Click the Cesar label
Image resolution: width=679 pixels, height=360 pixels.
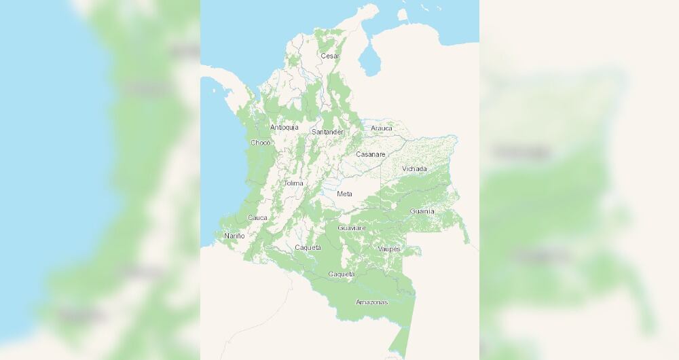click(x=330, y=56)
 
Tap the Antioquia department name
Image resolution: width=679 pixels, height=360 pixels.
click(x=284, y=127)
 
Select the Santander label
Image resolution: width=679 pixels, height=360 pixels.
click(x=327, y=132)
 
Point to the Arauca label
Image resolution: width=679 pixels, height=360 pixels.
click(x=382, y=128)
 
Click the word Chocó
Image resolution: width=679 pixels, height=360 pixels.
click(x=261, y=143)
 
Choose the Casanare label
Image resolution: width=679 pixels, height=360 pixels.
click(x=371, y=154)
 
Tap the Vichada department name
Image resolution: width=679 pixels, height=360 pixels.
click(x=414, y=168)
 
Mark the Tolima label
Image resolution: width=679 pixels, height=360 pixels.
click(x=293, y=183)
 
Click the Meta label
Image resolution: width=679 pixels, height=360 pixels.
click(x=345, y=194)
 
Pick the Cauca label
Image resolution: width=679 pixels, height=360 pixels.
click(x=257, y=217)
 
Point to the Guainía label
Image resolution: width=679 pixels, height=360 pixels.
click(x=422, y=211)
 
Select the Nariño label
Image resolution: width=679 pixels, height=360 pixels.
click(x=234, y=236)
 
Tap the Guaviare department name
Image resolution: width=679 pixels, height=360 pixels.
click(x=352, y=228)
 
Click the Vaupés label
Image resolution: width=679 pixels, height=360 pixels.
click(x=389, y=249)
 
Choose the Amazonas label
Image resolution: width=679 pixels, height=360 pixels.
click(x=371, y=302)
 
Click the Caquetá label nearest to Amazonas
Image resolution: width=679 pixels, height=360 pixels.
click(x=342, y=274)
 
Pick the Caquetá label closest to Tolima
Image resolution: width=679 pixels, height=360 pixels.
click(x=308, y=247)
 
